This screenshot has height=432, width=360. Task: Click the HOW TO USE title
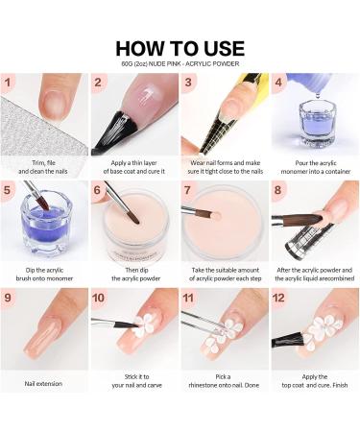tap(180, 48)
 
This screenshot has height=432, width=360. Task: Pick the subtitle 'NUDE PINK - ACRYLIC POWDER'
tap(180, 64)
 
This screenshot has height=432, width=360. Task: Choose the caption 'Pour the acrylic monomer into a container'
tap(314, 171)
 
